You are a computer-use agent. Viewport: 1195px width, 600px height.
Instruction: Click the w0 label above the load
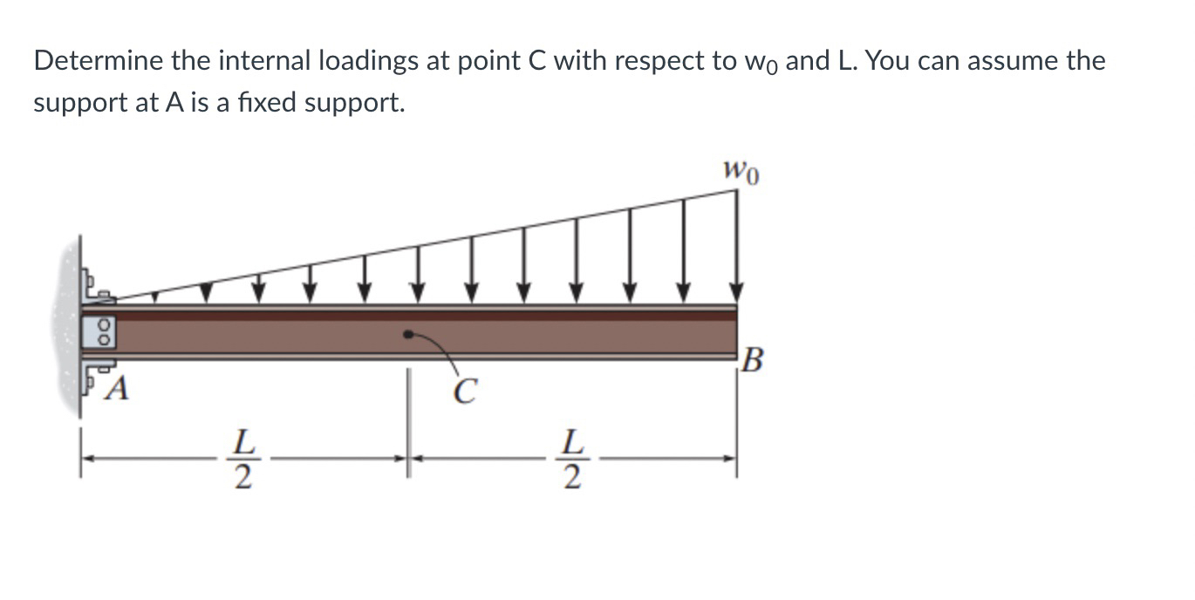(x=741, y=171)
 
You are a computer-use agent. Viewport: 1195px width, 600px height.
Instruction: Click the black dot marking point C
(x=406, y=334)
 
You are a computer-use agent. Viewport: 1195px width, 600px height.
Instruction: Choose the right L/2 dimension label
(x=571, y=460)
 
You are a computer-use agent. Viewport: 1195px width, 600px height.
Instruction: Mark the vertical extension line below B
(x=737, y=419)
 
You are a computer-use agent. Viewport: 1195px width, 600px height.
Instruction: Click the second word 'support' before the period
(x=358, y=103)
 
